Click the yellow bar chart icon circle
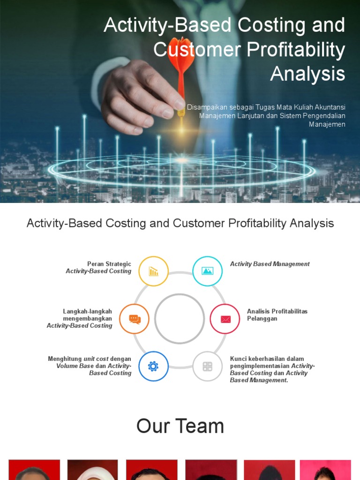click(153, 271)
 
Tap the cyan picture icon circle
click(207, 271)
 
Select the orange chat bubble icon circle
click(135, 319)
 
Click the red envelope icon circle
click(225, 319)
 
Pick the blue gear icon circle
click(153, 366)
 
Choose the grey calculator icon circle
click(207, 366)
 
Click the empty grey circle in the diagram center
click(180, 319)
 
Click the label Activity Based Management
click(270, 264)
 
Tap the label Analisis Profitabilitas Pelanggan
click(277, 315)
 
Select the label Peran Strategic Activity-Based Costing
click(99, 268)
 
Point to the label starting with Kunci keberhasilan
click(272, 369)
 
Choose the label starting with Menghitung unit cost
click(90, 366)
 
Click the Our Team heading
click(180, 426)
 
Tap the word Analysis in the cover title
click(307, 74)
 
